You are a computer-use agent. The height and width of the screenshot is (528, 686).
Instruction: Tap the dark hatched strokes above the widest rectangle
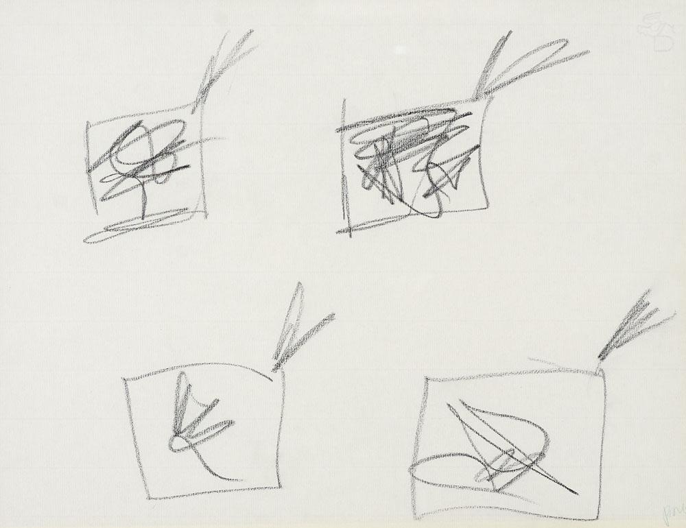click(631, 326)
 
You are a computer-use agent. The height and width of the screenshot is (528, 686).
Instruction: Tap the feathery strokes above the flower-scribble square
click(223, 65)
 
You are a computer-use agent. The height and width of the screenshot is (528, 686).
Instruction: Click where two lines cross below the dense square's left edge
click(351, 229)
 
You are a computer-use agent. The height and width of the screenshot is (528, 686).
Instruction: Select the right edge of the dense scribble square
click(486, 158)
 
